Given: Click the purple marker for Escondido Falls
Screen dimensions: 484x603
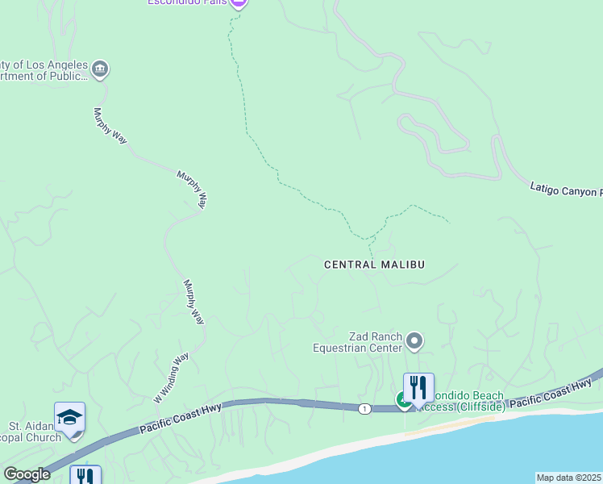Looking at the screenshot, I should pos(237,3).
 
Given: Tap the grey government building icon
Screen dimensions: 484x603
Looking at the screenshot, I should pos(100,69).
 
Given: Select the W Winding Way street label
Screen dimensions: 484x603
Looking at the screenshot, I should pos(171,378).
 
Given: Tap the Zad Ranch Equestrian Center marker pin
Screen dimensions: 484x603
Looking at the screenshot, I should pos(415,341).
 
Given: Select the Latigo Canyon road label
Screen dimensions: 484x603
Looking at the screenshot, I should pos(565,190).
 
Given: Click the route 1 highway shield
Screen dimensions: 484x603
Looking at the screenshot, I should pos(366,409).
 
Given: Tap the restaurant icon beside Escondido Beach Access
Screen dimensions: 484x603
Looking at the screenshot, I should pos(418,387).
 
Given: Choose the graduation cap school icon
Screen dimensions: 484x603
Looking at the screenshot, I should pos(69,417).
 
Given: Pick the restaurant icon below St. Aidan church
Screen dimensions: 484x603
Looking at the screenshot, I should pos(85,476).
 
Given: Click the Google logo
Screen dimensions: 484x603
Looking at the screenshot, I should pos(26,474).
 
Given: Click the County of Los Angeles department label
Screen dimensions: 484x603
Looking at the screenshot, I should pos(44,70).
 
